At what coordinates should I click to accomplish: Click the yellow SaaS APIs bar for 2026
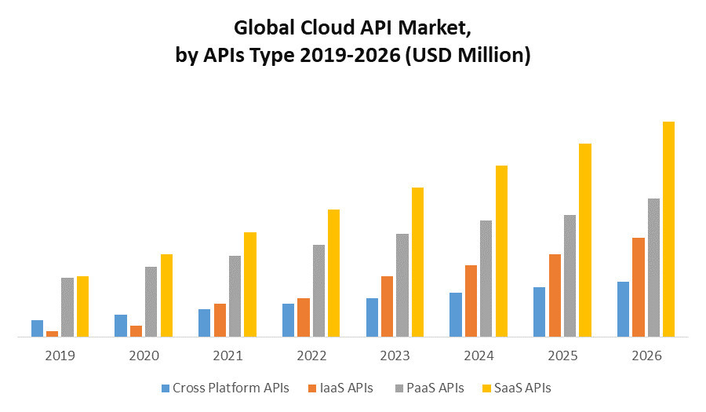pos(668,229)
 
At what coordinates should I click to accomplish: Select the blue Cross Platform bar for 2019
pos(37,328)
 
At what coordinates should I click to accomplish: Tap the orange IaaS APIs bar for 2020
pos(136,331)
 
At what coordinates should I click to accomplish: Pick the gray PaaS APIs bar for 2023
pos(402,285)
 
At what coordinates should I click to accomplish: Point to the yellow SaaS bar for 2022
pos(333,273)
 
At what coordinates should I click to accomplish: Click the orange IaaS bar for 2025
pos(555,295)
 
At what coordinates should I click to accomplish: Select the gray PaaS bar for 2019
pos(67,307)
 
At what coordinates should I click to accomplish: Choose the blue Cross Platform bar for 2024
pos(456,315)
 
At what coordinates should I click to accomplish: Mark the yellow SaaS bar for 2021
pos(249,284)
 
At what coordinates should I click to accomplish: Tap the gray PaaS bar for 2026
pos(653,268)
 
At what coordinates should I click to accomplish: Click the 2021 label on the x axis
pos(227,355)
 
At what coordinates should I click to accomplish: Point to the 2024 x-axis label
pos(479,355)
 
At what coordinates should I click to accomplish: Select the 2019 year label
pos(60,355)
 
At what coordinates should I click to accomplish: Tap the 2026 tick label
pos(646,355)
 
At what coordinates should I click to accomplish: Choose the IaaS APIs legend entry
pos(340,388)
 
